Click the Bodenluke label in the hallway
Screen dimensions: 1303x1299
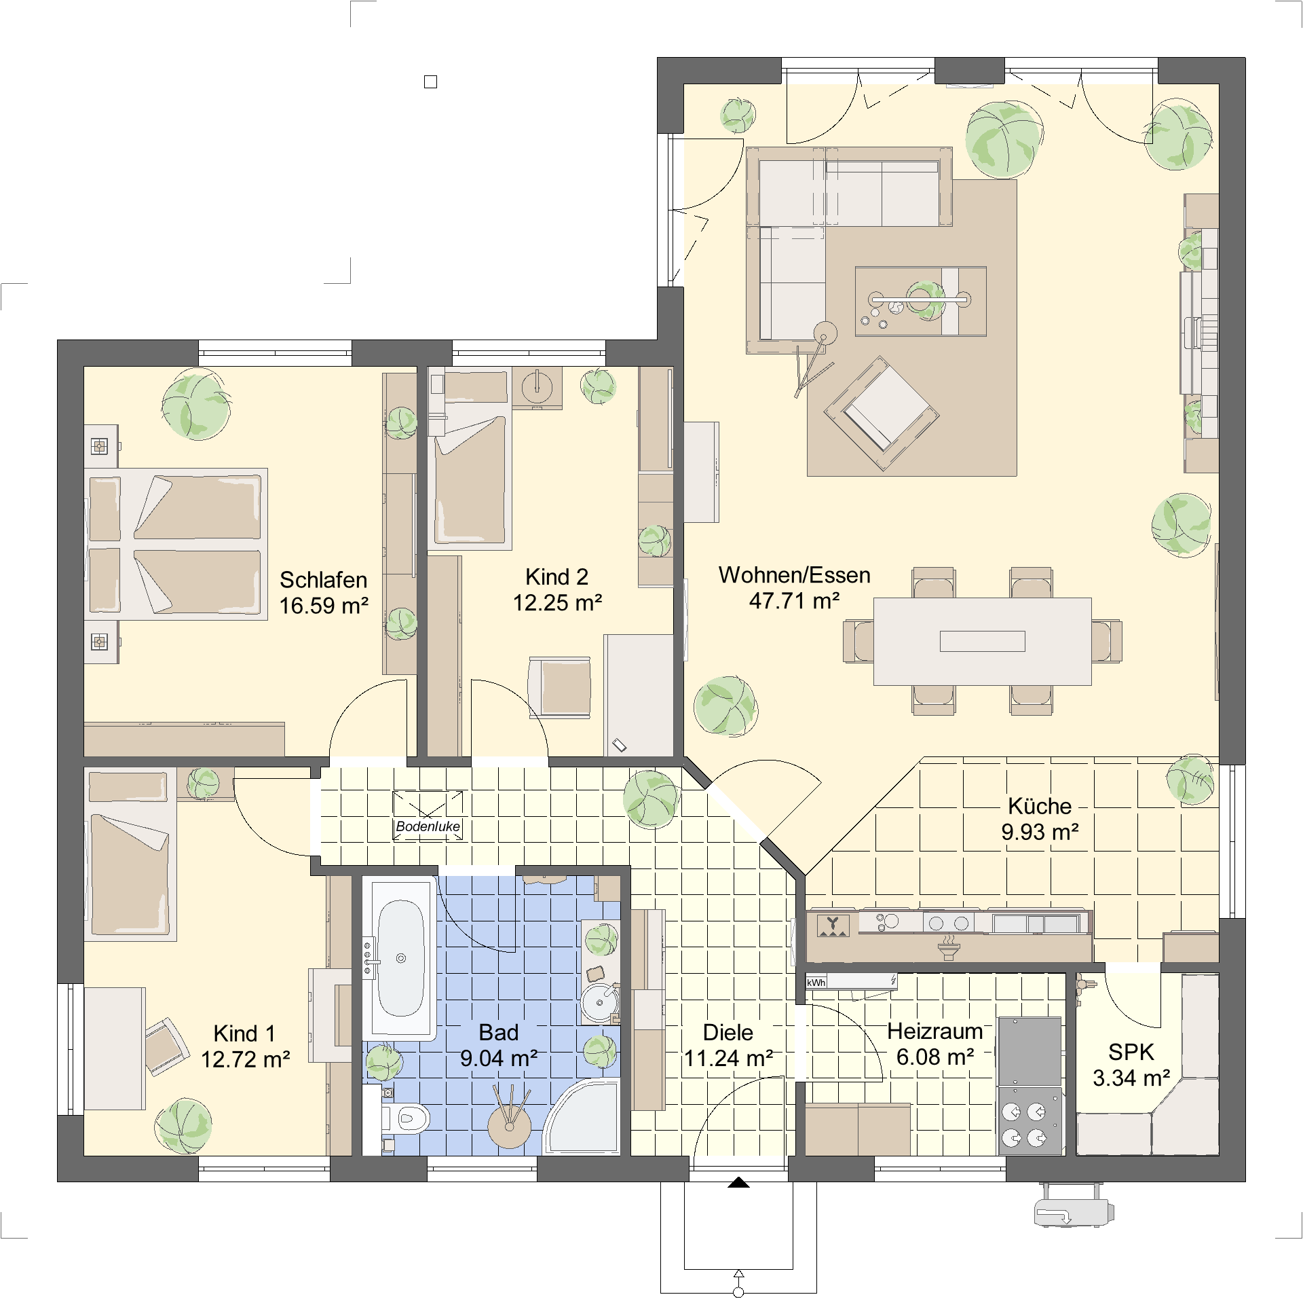coord(428,826)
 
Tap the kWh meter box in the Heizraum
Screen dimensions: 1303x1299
coord(816,982)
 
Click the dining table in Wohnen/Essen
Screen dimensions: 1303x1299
coord(982,641)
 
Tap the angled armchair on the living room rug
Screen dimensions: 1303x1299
coord(882,413)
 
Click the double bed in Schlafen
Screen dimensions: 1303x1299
coord(176,543)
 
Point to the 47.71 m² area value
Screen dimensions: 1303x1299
coord(794,601)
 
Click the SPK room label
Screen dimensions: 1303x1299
coord(1131,1052)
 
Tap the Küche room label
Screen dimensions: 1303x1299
coord(1040,806)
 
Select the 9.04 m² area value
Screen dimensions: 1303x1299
coord(499,1058)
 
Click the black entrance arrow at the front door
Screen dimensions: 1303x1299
coord(738,1182)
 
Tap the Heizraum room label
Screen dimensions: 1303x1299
coord(934,1031)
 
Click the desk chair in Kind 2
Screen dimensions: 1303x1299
coord(560,687)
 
